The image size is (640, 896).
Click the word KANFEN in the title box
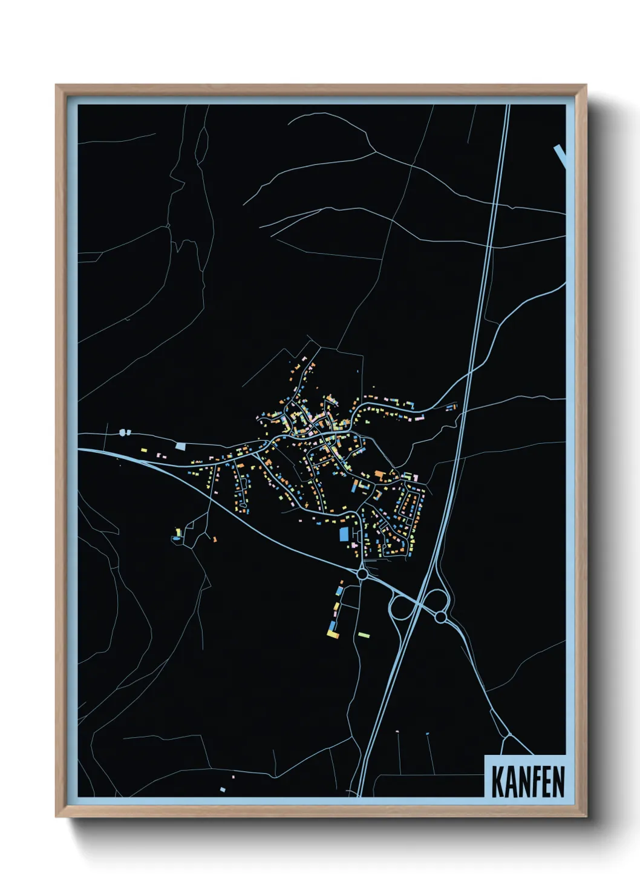[527, 782]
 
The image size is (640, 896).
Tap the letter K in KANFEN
[498, 782]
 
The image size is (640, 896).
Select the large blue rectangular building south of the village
[344, 534]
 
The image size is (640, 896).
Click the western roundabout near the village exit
[362, 573]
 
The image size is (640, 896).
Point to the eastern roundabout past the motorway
[440, 617]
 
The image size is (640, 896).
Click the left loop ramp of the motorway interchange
[400, 607]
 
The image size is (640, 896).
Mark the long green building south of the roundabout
[363, 634]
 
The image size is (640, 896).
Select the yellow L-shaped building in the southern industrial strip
[332, 633]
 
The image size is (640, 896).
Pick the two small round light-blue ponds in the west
[125, 432]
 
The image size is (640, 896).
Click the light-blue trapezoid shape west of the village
[181, 446]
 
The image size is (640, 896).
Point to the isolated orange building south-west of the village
[214, 539]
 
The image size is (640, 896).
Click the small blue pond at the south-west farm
[176, 538]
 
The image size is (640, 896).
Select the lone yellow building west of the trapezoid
[143, 450]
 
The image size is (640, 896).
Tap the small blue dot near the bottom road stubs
[427, 734]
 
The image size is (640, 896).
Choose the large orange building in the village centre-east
[379, 474]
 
